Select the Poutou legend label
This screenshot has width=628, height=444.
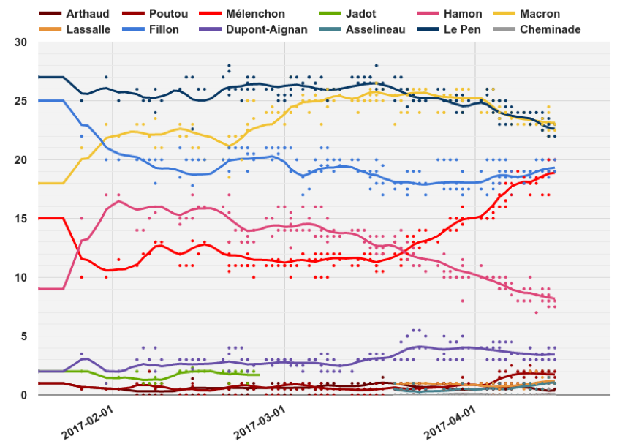pyautogui.click(x=167, y=14)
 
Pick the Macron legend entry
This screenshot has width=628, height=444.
pyautogui.click(x=540, y=14)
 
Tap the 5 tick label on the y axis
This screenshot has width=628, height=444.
pyautogui.click(x=23, y=336)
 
